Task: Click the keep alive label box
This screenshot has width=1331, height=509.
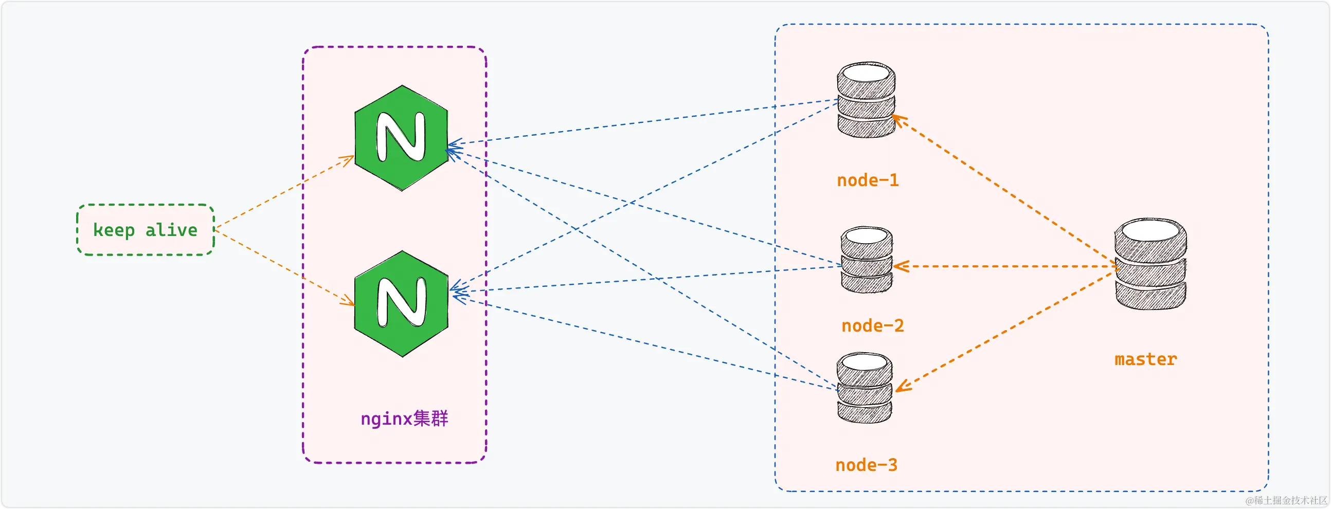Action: [x=145, y=230]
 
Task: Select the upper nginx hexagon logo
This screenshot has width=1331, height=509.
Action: [x=401, y=138]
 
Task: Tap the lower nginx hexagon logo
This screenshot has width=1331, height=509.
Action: [x=401, y=304]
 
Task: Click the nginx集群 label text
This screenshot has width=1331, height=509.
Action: [x=404, y=418]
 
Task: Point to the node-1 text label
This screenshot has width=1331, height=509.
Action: [x=868, y=180]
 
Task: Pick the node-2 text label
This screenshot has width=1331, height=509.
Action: [x=872, y=325]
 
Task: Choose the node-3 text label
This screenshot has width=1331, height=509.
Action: [x=866, y=465]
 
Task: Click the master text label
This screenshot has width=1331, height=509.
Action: [x=1145, y=359]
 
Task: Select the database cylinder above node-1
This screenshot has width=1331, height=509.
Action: [x=866, y=100]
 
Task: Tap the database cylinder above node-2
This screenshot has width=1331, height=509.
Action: [x=867, y=260]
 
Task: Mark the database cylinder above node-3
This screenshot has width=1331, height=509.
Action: [x=864, y=388]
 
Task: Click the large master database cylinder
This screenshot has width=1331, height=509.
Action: [x=1150, y=264]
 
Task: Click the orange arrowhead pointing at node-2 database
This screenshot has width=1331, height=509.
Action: [x=900, y=267]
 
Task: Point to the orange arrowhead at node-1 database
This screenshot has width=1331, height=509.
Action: [x=899, y=120]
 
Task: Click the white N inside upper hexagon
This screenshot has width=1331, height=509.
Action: [x=401, y=137]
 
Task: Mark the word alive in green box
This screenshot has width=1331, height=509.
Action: [x=171, y=230]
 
